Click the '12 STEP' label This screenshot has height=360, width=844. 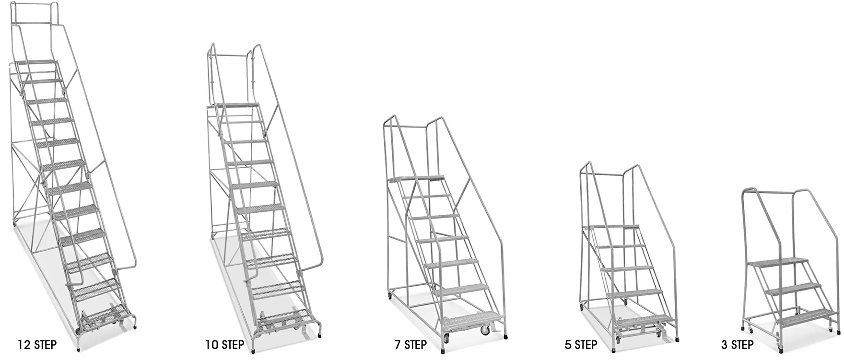[37, 345]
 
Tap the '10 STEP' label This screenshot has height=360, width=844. [224, 345]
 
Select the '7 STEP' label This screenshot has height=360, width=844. [410, 345]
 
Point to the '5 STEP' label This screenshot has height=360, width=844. [581, 345]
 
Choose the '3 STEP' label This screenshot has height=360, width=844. [737, 345]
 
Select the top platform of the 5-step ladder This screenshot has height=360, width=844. [611, 227]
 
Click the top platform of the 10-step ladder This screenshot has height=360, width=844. [236, 105]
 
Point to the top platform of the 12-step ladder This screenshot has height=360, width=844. [37, 62]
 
